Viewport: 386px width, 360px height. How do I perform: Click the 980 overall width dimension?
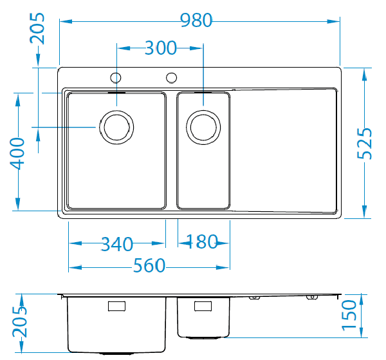click(196, 20)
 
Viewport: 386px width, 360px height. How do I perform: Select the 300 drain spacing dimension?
click(160, 48)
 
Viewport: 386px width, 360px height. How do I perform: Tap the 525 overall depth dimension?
click(364, 144)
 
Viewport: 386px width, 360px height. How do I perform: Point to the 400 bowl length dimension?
click(17, 153)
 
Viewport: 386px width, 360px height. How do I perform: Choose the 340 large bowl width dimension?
click(117, 244)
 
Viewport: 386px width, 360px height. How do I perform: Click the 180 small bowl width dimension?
click(202, 242)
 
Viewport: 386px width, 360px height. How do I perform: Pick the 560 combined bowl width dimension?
click(149, 265)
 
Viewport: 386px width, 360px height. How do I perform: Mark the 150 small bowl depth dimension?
click(349, 315)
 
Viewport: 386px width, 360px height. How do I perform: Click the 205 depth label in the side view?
click(19, 322)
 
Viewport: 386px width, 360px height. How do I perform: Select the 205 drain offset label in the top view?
click(37, 28)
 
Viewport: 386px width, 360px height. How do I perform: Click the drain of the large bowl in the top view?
click(116, 128)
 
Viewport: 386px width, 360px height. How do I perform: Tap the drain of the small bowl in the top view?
click(203, 128)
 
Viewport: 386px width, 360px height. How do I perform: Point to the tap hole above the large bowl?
click(116, 78)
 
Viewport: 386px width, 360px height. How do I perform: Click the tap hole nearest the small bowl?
click(171, 78)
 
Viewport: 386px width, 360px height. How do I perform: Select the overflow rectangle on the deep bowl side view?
click(116, 306)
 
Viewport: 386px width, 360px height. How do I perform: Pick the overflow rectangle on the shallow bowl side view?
click(203, 306)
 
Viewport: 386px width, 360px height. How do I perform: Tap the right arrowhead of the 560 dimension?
click(223, 267)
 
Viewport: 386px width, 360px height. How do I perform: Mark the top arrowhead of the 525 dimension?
click(364, 75)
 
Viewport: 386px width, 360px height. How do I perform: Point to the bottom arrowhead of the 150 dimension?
click(362, 332)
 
